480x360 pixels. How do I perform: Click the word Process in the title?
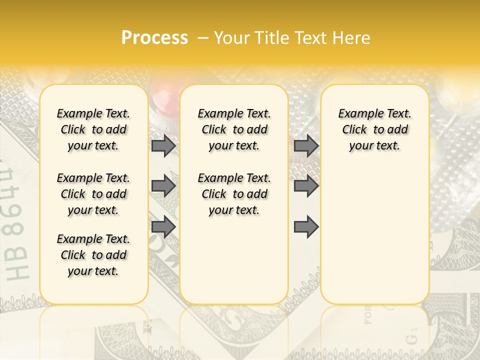[x=154, y=38]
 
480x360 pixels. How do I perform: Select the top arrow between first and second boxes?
[x=163, y=146]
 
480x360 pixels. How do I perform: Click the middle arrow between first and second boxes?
[x=163, y=186]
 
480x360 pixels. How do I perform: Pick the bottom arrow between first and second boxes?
[x=163, y=227]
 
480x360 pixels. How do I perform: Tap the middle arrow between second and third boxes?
[x=306, y=186]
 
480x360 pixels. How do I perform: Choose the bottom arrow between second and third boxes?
[x=306, y=227]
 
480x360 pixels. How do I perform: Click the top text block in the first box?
[x=93, y=129]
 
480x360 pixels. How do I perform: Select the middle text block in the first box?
[x=93, y=194]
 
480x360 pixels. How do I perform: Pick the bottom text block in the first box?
[x=93, y=255]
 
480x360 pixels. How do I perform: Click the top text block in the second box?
[x=234, y=129]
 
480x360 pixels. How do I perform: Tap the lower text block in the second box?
[x=234, y=194]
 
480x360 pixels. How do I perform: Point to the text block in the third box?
[x=375, y=129]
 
